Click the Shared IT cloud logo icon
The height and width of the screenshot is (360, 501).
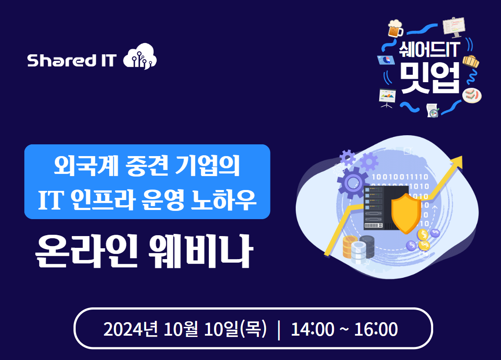click(x=140, y=57)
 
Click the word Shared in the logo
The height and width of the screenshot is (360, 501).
click(x=62, y=60)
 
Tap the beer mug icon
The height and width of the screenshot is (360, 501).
click(x=395, y=28)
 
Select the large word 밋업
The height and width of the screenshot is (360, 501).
click(x=430, y=77)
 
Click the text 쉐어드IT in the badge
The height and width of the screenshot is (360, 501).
click(x=429, y=50)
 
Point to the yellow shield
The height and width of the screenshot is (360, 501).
click(x=406, y=213)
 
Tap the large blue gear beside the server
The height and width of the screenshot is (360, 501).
click(x=352, y=183)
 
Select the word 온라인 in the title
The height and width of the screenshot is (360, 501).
click(x=86, y=251)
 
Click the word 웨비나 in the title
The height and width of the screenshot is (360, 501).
click(x=201, y=251)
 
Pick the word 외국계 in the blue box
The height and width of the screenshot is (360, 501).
click(x=86, y=166)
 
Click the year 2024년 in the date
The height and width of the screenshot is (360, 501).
click(x=130, y=329)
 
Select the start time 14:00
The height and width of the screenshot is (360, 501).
click(x=313, y=329)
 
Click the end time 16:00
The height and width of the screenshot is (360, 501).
click(x=376, y=329)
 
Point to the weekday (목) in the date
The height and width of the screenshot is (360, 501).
click(x=253, y=329)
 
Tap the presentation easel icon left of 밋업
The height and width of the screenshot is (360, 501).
click(x=387, y=98)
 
